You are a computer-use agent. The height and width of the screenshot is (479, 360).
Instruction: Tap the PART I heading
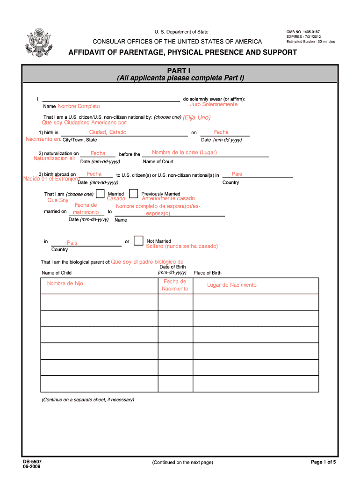(180, 70)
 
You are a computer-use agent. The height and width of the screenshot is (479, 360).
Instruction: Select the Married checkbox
(100, 194)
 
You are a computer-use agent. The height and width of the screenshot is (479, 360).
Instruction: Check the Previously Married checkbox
(133, 194)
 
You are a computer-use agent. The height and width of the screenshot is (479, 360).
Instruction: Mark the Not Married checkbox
(138, 241)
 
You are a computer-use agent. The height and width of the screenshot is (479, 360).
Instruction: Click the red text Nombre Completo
(79, 106)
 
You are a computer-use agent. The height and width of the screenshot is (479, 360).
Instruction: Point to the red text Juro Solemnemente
(213, 104)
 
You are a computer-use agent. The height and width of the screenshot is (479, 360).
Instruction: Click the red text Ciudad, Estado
(108, 132)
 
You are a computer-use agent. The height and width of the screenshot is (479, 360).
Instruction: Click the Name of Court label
(158, 162)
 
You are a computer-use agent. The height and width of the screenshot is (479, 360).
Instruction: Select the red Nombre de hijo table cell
(65, 283)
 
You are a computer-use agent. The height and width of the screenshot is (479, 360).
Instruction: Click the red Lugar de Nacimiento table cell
(232, 285)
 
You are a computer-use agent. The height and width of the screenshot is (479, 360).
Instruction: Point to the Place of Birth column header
(208, 273)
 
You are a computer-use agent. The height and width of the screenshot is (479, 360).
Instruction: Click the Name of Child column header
(57, 273)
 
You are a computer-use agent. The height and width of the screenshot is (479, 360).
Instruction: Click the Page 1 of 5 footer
(324, 462)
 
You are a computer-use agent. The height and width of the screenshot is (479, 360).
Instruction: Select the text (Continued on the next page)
(182, 462)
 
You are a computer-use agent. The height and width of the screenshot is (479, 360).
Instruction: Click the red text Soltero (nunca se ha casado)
(182, 246)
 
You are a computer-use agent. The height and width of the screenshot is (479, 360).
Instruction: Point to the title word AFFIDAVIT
(88, 52)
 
